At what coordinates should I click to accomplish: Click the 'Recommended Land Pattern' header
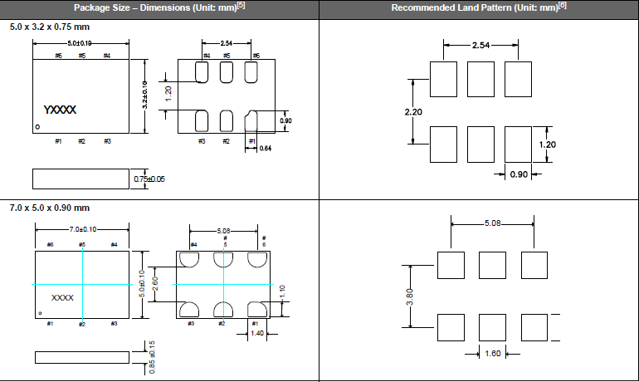pyautogui.click(x=478, y=7)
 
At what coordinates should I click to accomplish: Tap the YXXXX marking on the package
pyautogui.click(x=60, y=110)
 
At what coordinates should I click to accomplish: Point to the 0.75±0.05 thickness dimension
pyautogui.click(x=149, y=179)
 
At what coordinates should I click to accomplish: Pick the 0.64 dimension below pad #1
pyautogui.click(x=265, y=149)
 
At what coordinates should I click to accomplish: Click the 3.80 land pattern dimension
pyautogui.click(x=408, y=296)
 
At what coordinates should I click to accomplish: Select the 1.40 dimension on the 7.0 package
pyautogui.click(x=258, y=332)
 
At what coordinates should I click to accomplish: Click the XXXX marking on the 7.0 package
pyautogui.click(x=63, y=296)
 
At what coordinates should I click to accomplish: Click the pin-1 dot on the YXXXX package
pyautogui.click(x=37, y=127)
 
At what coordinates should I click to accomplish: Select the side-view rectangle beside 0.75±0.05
pyautogui.click(x=80, y=179)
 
